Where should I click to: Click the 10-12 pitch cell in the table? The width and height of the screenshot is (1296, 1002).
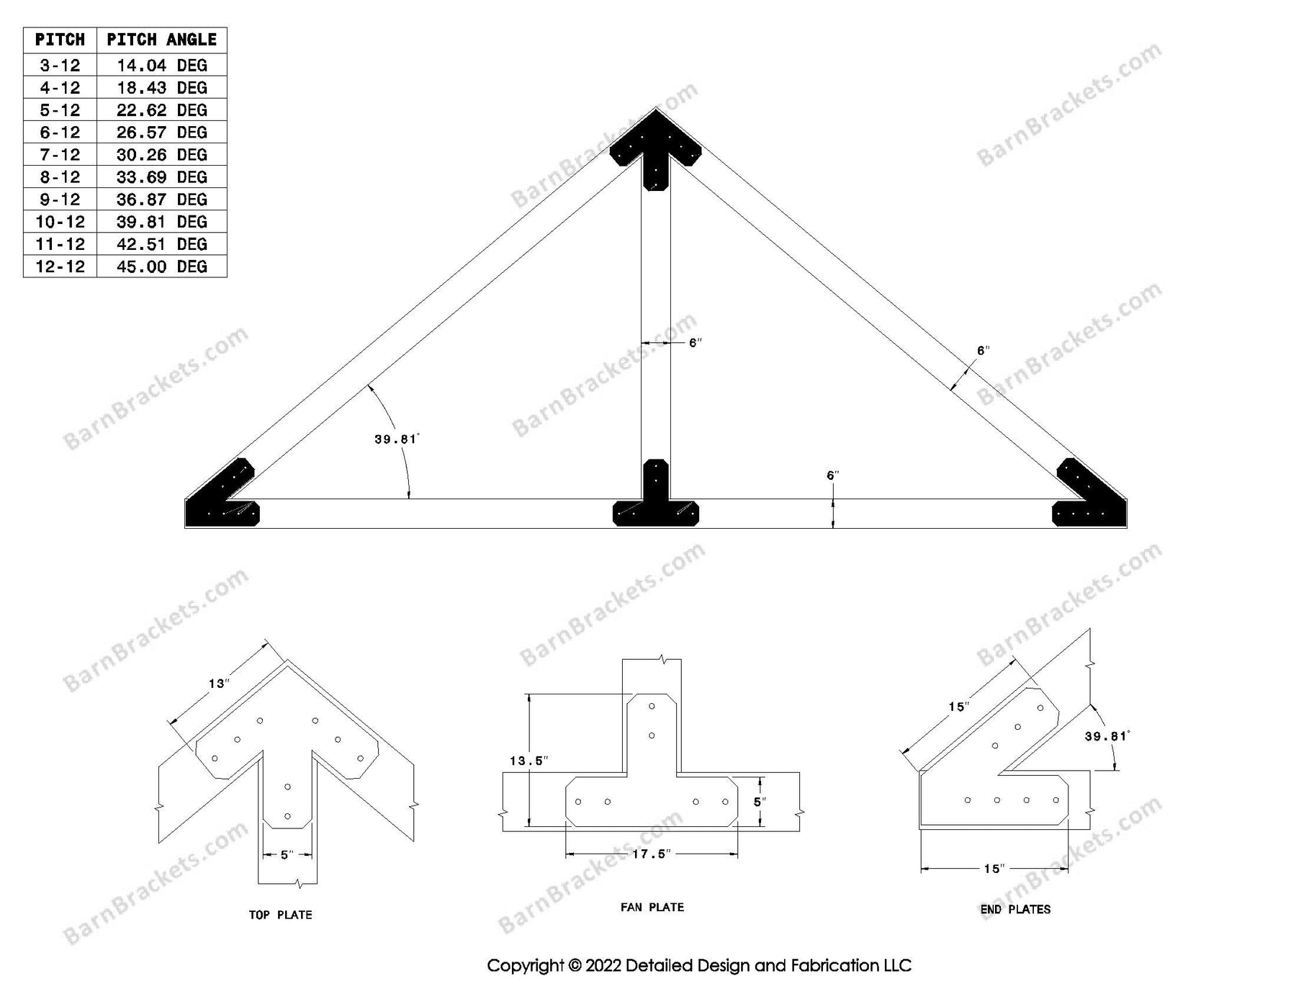coord(60,222)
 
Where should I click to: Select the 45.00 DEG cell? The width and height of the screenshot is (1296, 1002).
coord(161,267)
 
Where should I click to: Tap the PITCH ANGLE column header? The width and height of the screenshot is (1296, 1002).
coord(161,40)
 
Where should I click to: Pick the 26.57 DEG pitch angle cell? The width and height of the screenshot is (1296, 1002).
coord(161,133)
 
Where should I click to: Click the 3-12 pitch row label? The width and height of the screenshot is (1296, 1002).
coord(60,66)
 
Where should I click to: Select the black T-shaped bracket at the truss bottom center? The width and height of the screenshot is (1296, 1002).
coord(655,501)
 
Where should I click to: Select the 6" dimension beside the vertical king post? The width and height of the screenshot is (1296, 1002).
coord(695,343)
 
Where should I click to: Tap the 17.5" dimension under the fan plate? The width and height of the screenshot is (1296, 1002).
coord(652,854)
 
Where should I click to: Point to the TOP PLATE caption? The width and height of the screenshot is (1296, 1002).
coord(280,915)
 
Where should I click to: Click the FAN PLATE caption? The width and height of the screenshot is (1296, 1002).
coord(652,907)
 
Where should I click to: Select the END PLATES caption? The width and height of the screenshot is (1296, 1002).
coord(1015,909)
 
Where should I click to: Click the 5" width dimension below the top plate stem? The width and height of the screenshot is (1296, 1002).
coord(287,854)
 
